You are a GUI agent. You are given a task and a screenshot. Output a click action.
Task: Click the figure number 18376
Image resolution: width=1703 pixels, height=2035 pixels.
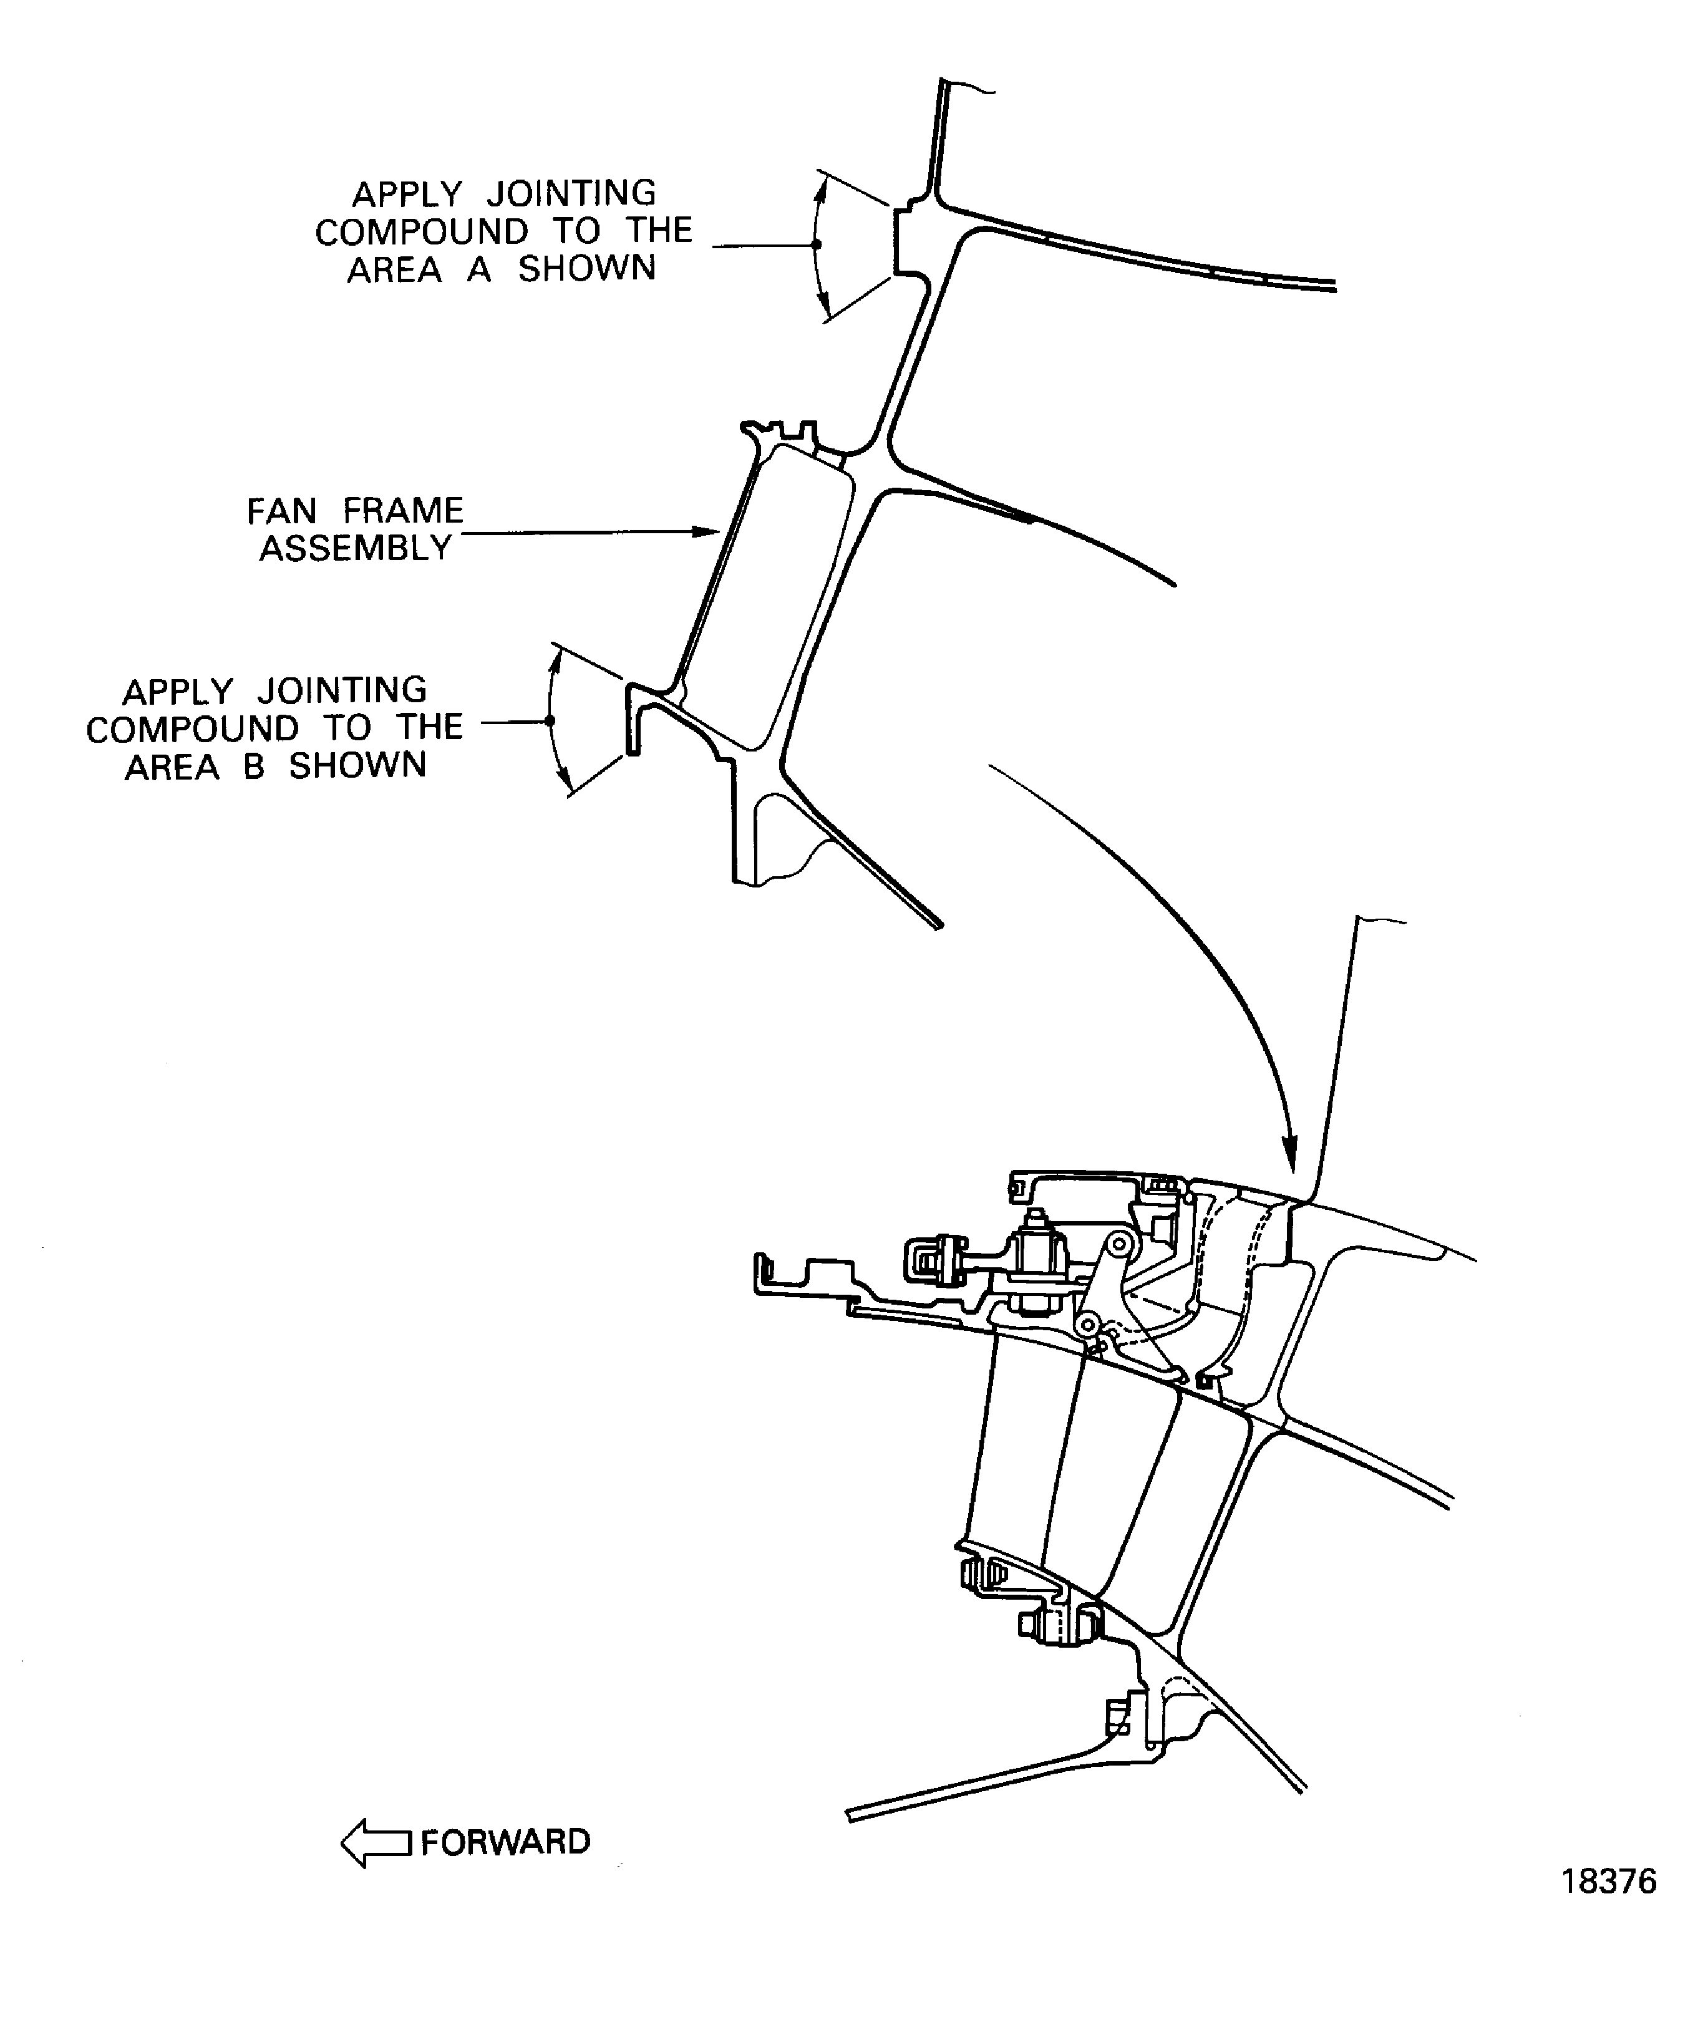click(x=1608, y=1908)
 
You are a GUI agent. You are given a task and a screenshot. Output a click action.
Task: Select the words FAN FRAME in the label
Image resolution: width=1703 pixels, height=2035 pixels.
click(x=355, y=511)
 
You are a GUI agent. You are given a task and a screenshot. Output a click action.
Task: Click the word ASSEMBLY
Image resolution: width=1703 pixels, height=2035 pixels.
click(x=355, y=548)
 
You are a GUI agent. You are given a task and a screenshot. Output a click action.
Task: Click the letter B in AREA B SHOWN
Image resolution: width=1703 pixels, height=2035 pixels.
click(x=254, y=766)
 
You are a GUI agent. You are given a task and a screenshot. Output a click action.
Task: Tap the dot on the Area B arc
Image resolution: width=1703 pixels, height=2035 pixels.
click(x=550, y=721)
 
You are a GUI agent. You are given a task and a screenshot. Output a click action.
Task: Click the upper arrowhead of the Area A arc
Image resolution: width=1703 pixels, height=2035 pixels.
click(x=821, y=185)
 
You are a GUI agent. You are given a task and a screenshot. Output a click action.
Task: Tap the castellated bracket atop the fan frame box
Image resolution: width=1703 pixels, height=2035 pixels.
click(x=780, y=431)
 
